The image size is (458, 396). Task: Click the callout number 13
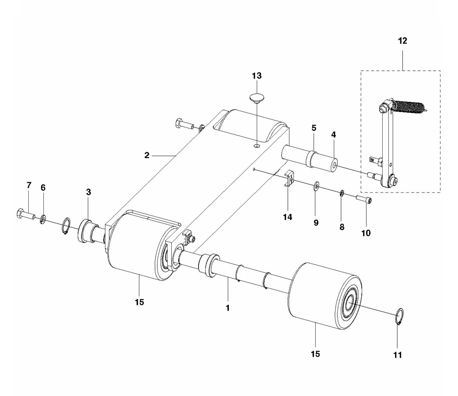pyautogui.click(x=257, y=76)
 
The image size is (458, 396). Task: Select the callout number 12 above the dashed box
pyautogui.click(x=403, y=41)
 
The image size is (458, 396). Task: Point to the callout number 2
pyautogui.click(x=147, y=155)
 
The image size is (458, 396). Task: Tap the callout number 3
pyautogui.click(x=88, y=192)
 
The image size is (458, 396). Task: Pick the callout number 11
pyautogui.click(x=397, y=355)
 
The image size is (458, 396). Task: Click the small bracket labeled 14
pyautogui.click(x=288, y=179)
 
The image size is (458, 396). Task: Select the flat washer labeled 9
pyautogui.click(x=316, y=187)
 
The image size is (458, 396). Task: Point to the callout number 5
pyautogui.click(x=314, y=128)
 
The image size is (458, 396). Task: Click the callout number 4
pyautogui.click(x=333, y=135)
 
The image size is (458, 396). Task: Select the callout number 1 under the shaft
pyautogui.click(x=228, y=308)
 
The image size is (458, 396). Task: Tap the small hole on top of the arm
pyautogui.click(x=257, y=146)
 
